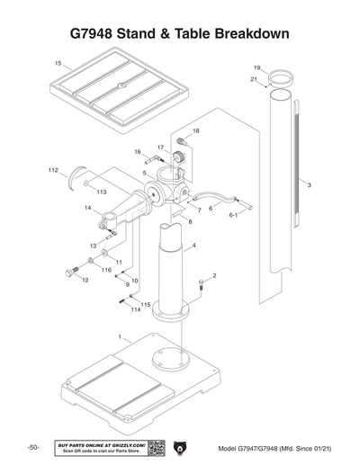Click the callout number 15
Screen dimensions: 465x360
[58, 64]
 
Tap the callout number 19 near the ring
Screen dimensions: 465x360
[256, 68]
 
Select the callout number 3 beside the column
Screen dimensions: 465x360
[309, 185]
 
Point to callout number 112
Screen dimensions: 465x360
[53, 168]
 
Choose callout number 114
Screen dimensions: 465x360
[136, 310]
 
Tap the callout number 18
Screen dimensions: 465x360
[196, 131]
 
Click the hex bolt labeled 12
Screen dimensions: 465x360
[69, 272]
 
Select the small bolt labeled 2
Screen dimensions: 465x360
[201, 286]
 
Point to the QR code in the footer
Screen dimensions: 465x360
[154, 447]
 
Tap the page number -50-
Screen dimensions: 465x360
[32, 448]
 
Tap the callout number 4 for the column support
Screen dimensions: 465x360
[194, 245]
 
